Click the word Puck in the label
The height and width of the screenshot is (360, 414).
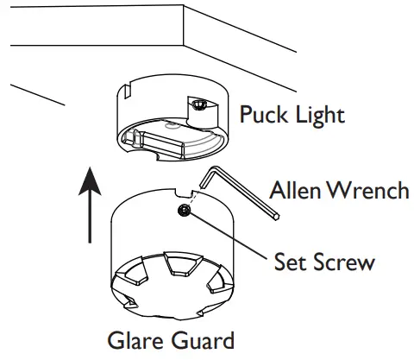click(x=262, y=114)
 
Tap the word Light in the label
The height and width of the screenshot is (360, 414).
click(x=317, y=114)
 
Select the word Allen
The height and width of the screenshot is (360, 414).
click(x=295, y=189)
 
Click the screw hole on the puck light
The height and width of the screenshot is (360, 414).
click(x=198, y=104)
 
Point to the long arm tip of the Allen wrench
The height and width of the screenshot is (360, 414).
click(x=275, y=219)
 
